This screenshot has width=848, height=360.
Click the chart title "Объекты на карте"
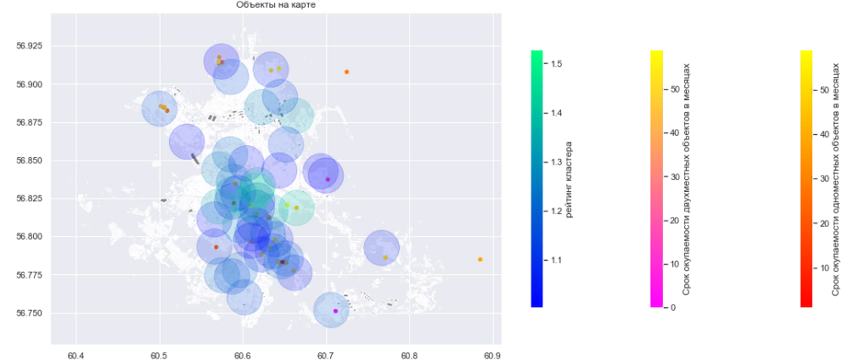click(x=277, y=5)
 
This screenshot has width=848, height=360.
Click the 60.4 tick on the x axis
click(x=76, y=354)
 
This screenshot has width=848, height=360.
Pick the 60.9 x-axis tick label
click(x=492, y=354)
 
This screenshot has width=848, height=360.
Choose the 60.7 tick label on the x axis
click(x=326, y=354)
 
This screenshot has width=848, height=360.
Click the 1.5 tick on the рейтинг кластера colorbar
click(x=554, y=64)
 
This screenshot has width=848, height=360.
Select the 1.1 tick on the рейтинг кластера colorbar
click(x=554, y=260)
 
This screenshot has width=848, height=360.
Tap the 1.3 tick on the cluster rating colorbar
click(x=554, y=162)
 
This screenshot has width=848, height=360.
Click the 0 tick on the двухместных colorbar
click(x=671, y=307)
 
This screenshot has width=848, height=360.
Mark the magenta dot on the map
click(x=336, y=311)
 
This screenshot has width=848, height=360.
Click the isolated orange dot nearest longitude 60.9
click(x=480, y=259)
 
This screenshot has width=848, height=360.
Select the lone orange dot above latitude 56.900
click(x=346, y=72)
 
